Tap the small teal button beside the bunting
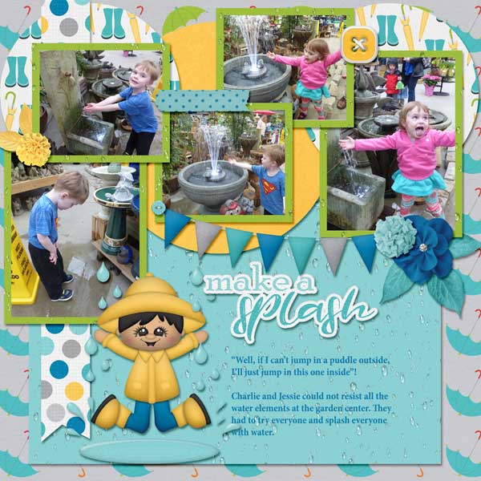pos(157,208)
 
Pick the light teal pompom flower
pos(394,237)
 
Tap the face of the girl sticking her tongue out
pos(418,119)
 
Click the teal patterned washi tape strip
pos(202,100)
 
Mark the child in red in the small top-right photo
pos(392,79)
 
